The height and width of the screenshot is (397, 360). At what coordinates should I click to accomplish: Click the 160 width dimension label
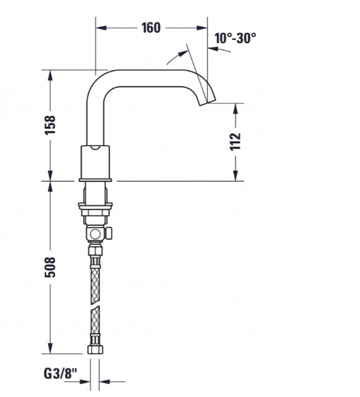point(151,28)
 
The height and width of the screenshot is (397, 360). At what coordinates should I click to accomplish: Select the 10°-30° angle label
point(235,38)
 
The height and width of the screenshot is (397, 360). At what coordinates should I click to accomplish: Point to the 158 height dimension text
point(49,125)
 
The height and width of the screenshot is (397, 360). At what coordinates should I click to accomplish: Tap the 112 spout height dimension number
point(235,141)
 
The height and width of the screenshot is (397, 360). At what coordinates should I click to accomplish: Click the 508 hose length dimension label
point(49,267)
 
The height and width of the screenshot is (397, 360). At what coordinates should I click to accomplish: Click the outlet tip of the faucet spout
point(203,103)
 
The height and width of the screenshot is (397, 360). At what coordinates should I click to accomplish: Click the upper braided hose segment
point(94,278)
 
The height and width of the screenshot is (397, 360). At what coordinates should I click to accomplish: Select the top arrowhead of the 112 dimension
point(235,108)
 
